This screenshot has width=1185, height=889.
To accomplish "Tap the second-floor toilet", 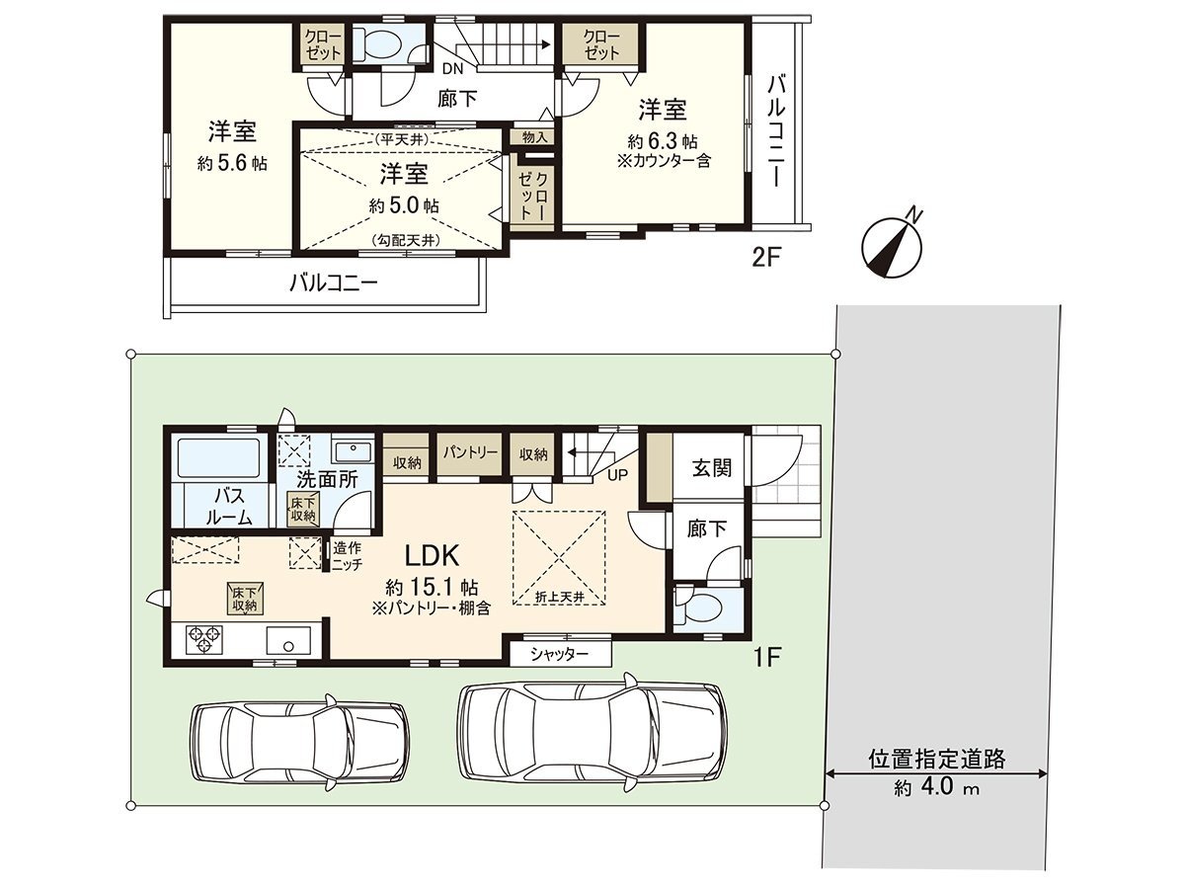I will pyautogui.click(x=380, y=45).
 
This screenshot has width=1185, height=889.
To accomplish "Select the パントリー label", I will pyautogui.click(x=470, y=452).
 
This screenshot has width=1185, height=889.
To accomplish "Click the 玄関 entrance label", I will pyautogui.click(x=710, y=467).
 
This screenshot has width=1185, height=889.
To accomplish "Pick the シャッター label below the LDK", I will pyautogui.click(x=560, y=654).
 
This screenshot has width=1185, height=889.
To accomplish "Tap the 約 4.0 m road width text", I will pyautogui.click(x=937, y=788).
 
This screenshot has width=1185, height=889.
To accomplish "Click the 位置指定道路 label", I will pyautogui.click(x=937, y=759).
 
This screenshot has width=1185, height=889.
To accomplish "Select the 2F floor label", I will pyautogui.click(x=766, y=259).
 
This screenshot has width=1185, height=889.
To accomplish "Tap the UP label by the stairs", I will pyautogui.click(x=618, y=475).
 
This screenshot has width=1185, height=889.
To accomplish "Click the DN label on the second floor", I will pyautogui.click(x=452, y=69).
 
